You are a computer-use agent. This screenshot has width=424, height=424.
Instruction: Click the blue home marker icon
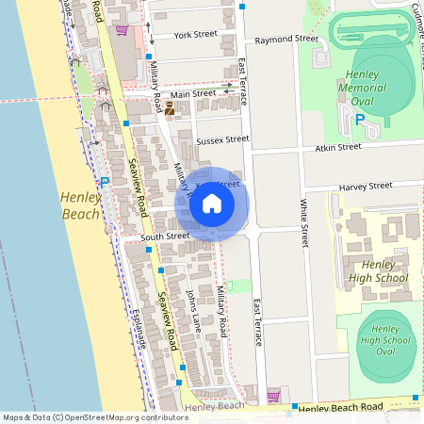[212, 204]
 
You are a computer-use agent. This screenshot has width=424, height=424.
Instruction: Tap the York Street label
[196, 35]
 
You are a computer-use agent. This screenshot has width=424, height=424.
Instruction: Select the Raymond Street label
[286, 41]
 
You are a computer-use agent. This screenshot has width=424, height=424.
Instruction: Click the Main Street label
[192, 94]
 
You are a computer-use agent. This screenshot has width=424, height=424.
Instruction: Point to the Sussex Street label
[222, 139]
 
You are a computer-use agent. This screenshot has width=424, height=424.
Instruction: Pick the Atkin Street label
[336, 147]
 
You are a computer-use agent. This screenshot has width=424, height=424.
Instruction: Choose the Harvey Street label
[366, 187]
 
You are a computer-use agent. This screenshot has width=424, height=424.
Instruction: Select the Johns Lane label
[193, 312]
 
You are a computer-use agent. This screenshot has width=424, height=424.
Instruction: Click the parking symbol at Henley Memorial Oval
[359, 119]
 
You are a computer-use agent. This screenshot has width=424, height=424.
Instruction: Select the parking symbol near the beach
[105, 182]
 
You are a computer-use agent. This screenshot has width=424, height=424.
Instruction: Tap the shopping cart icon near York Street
[121, 29]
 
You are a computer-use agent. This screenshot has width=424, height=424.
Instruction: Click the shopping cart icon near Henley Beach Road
[274, 395]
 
